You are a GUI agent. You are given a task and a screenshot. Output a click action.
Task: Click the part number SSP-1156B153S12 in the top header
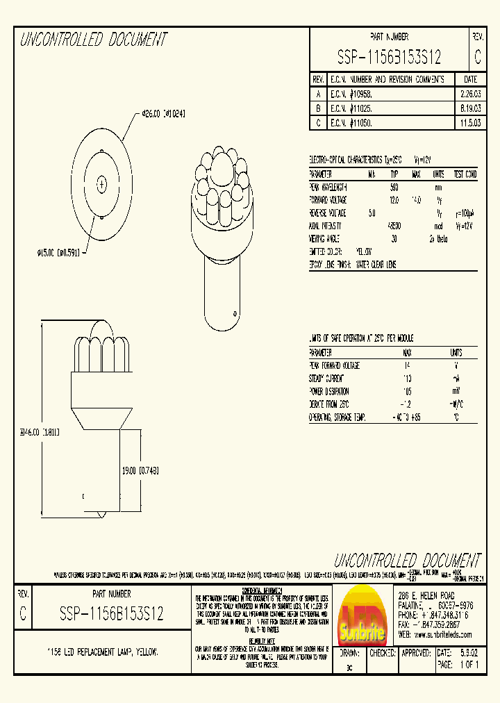coord(389,57)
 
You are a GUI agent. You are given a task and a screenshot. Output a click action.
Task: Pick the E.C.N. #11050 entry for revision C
coord(352,122)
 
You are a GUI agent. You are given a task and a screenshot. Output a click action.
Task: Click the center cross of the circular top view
coord(102,184)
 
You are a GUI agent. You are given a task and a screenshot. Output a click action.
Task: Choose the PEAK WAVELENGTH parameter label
coord(328,188)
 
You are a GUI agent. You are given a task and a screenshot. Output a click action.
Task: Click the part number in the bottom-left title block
coord(111,613)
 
